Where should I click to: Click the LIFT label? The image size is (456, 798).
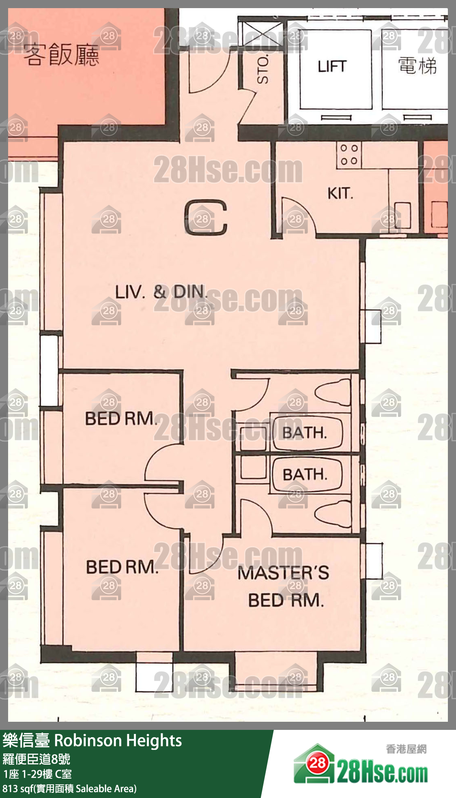[x=332, y=66]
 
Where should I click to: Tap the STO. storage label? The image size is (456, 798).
[x=263, y=70]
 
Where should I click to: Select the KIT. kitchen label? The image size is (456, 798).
[x=340, y=193]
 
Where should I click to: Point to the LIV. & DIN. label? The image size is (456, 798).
[x=161, y=292]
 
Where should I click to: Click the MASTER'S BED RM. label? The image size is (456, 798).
[x=284, y=586]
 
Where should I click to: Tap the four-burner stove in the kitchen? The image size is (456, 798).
[x=348, y=154]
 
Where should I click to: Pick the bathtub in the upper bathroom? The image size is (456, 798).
[x=307, y=433]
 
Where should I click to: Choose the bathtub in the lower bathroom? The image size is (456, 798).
[x=307, y=474]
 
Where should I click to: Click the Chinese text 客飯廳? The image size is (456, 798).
[x=61, y=55]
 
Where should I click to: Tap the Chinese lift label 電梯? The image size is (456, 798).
[x=417, y=66]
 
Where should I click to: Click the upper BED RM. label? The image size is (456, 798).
[x=121, y=418]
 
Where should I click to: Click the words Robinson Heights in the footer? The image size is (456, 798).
[x=118, y=740]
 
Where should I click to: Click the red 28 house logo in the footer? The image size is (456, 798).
[x=317, y=764]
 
